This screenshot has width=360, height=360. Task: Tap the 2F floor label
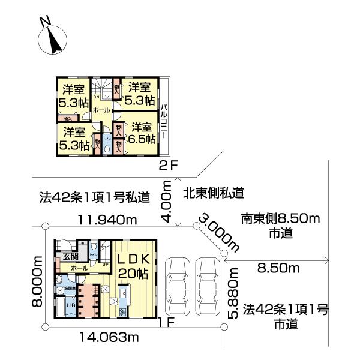[168, 166]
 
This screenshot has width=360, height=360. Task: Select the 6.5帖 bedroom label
[143, 133]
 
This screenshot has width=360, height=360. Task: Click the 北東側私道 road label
[213, 193]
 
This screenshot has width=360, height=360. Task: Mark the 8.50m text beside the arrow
[278, 268]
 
